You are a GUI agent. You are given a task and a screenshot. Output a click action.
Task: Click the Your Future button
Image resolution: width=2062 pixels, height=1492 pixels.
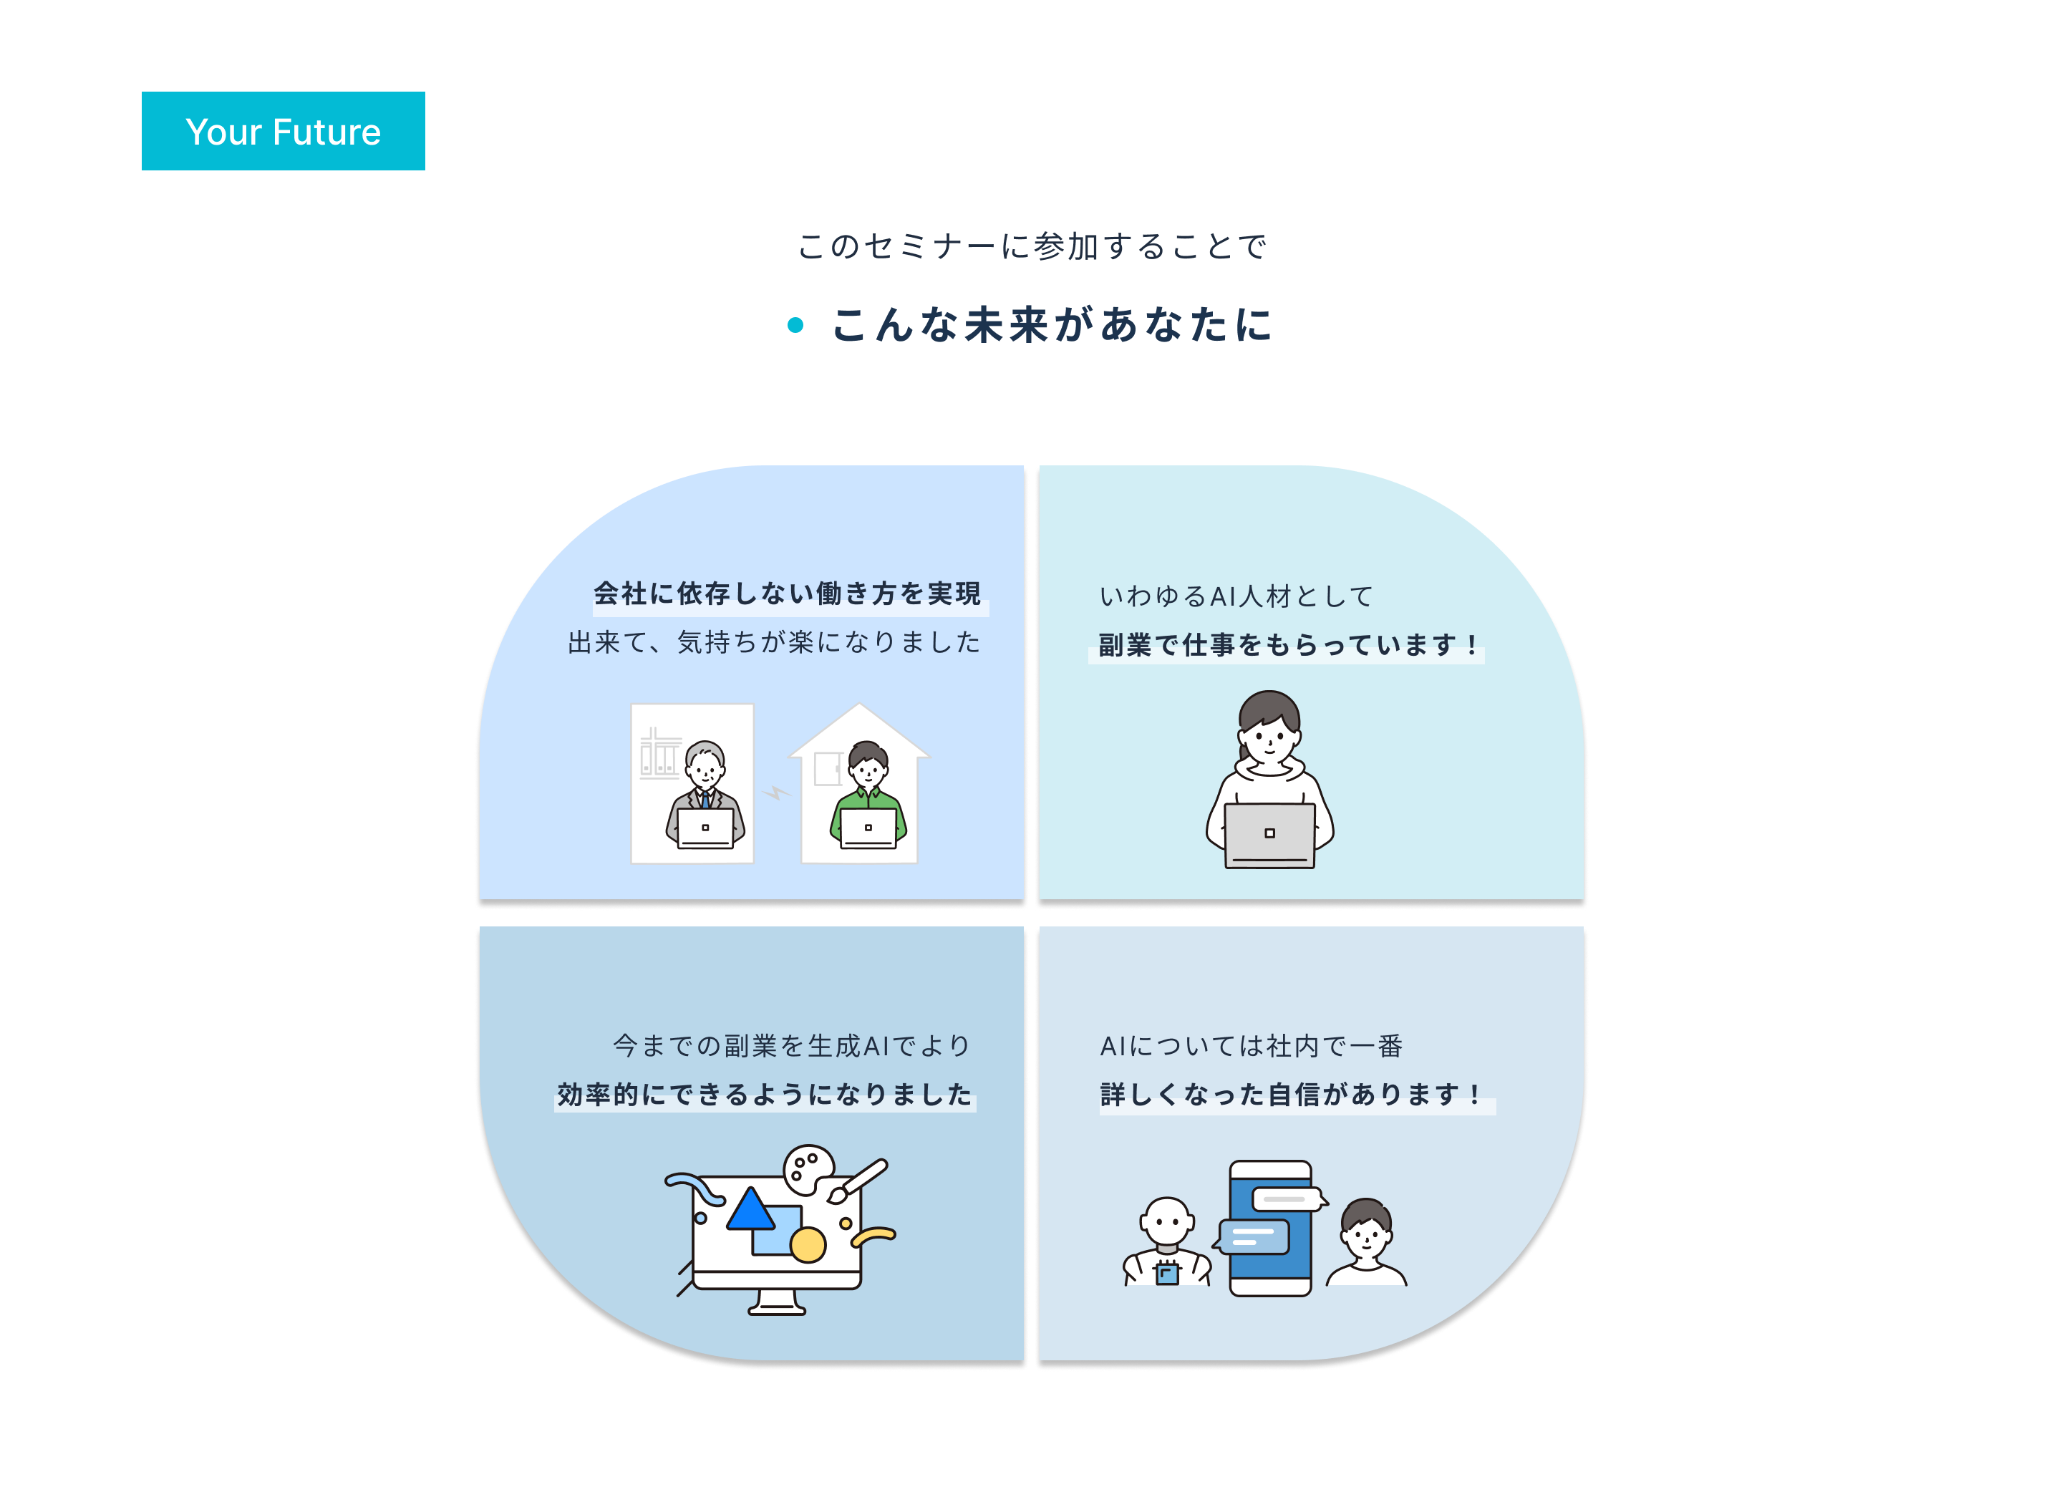click(283, 131)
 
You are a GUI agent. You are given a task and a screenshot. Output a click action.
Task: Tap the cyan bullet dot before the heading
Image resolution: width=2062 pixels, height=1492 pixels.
click(795, 326)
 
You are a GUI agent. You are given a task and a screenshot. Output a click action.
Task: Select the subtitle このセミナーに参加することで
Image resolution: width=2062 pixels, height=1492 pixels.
click(1031, 246)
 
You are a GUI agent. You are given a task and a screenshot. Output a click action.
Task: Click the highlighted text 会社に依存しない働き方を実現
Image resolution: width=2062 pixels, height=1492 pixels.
click(788, 594)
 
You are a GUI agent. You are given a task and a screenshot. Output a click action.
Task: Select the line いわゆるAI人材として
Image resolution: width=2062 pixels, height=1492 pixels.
click(1236, 596)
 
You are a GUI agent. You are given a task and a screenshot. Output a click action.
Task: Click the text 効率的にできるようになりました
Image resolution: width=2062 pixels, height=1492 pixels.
click(765, 1095)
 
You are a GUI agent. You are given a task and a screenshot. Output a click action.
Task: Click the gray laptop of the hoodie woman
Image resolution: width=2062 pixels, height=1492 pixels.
click(1269, 835)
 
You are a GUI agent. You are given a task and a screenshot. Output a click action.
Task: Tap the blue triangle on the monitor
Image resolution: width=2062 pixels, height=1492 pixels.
click(750, 1210)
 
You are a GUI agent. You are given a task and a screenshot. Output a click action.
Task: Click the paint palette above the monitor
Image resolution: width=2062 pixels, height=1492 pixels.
click(808, 1168)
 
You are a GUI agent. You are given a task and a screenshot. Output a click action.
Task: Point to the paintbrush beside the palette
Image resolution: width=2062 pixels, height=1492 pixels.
click(858, 1180)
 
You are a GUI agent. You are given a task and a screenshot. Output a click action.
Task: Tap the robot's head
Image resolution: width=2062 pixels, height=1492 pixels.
click(1167, 1221)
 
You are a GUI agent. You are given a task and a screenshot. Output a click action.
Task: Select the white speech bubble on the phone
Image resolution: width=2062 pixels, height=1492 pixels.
click(1286, 1199)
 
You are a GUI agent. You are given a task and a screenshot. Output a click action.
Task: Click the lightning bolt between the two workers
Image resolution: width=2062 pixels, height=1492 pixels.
click(775, 793)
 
